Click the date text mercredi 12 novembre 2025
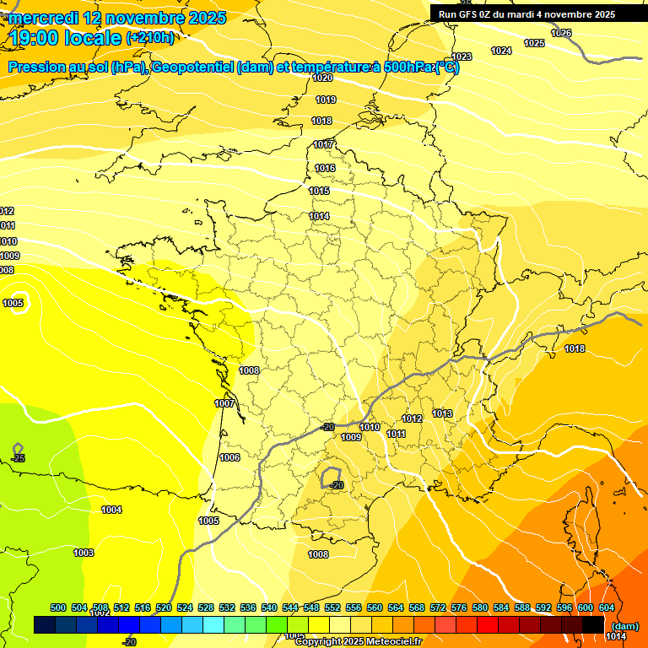point(117,17)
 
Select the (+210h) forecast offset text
point(150,37)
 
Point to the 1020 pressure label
point(322,78)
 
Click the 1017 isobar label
point(324,144)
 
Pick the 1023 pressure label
point(462,57)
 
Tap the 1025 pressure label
point(534,43)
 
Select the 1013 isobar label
point(442,413)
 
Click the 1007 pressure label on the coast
point(224,403)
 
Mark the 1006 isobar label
point(229,457)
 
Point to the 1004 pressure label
point(111,510)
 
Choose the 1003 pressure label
point(84,553)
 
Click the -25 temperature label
point(19,458)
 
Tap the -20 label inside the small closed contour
point(337,485)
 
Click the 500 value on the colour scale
point(58,607)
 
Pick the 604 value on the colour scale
point(607,607)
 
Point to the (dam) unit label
point(625,625)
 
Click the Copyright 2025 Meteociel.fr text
point(359,641)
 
